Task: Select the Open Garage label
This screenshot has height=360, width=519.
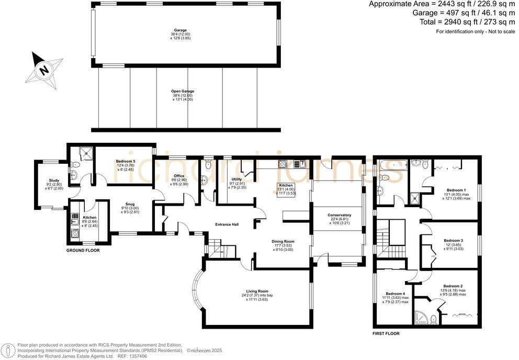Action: pos(183,91)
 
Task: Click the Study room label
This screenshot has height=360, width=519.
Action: pos(54,180)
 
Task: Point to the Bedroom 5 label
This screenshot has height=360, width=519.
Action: pos(126,161)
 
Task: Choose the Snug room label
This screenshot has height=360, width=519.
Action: pos(129,204)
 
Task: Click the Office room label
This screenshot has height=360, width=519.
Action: pos(179,176)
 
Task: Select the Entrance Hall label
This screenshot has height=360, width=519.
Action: pos(227,224)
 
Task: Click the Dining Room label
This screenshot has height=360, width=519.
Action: pos(283,241)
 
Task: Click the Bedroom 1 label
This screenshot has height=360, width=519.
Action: pos(456,190)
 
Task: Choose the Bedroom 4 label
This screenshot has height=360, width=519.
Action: pos(396,294)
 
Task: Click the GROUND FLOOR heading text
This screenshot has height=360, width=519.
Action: pos(83,251)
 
